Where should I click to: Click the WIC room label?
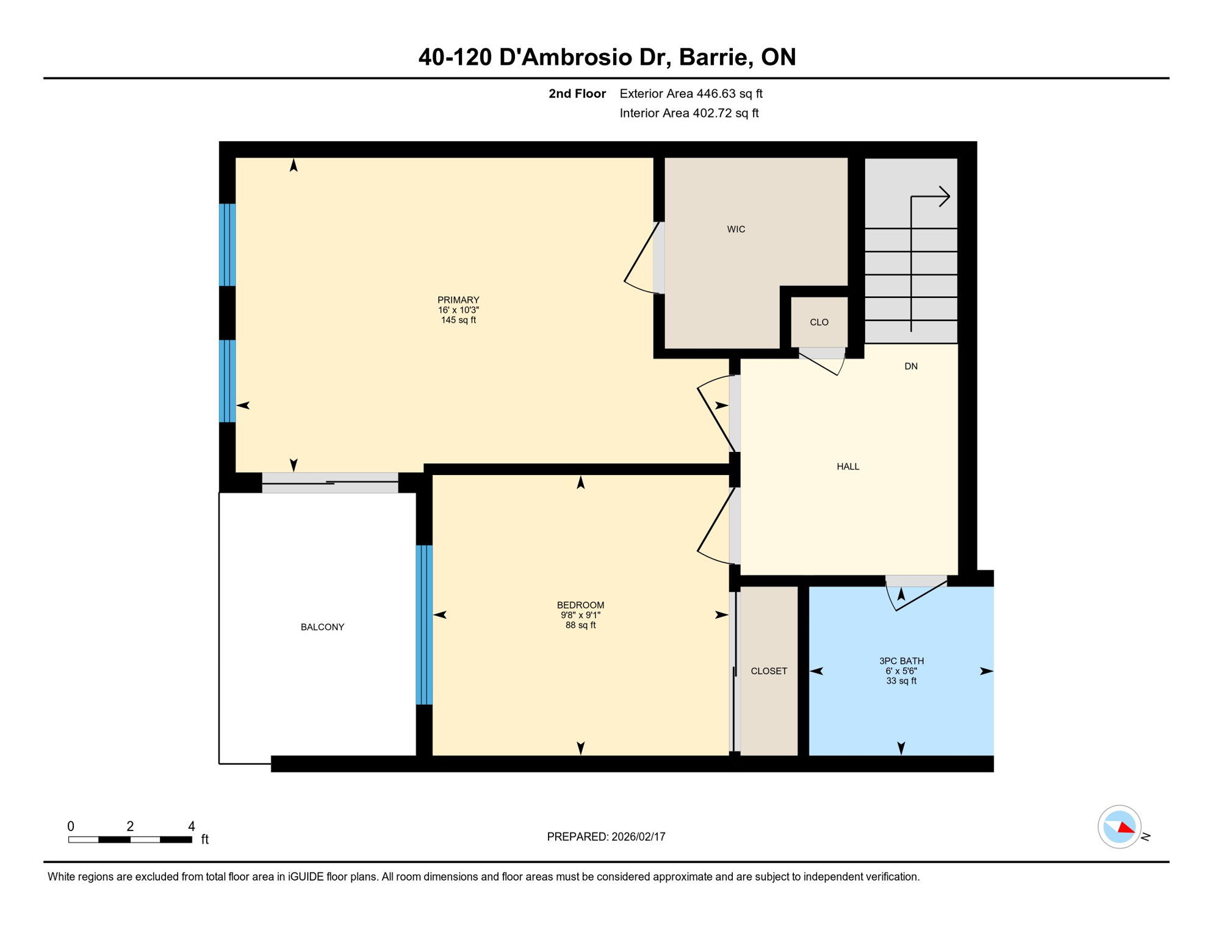736,229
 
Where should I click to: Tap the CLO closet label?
819,322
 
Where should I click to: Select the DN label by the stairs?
910,366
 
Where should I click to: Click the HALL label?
848,466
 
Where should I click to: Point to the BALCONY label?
322,627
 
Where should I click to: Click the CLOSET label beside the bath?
768,671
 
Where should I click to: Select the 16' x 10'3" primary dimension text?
458,310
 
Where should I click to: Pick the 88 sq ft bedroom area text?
580,625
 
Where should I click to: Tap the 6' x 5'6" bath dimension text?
901,671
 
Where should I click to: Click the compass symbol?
1119,826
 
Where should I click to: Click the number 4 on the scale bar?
191,826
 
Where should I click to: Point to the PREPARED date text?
605,836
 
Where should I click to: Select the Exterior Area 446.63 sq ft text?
691,93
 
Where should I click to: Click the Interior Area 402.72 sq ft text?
688,113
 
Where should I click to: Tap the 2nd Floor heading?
577,93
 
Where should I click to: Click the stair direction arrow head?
945,196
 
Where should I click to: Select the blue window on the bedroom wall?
424,624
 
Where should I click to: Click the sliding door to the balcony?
329,482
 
